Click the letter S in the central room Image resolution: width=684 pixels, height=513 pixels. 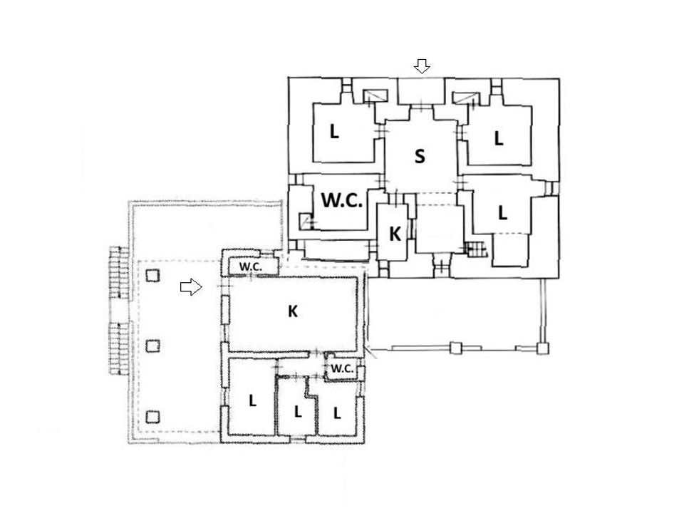click(419, 156)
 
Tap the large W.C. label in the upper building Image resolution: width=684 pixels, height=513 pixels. click(342, 201)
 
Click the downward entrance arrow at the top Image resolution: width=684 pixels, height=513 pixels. click(422, 66)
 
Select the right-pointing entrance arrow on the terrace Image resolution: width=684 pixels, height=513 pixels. click(191, 287)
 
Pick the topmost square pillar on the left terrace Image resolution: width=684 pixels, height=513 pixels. click(152, 275)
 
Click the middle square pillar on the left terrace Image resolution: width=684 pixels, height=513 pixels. click(152, 346)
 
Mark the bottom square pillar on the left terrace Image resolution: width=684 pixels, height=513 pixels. click(152, 417)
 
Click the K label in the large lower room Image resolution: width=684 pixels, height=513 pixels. click(293, 311)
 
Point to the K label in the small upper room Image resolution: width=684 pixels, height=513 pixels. click(395, 234)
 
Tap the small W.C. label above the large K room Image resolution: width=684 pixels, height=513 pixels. click(250, 266)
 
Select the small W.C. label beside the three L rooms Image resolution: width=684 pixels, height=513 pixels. click(342, 368)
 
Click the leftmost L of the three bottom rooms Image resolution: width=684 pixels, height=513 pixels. click(252, 401)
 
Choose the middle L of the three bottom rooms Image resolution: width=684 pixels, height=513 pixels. click(298, 411)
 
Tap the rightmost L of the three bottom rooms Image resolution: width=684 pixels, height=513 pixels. click(337, 413)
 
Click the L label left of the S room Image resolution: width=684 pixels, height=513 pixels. click(334, 131)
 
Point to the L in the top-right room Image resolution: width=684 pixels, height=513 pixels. click(499, 138)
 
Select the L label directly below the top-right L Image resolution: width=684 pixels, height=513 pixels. click(502, 212)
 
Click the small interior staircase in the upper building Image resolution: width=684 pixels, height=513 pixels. click(475, 249)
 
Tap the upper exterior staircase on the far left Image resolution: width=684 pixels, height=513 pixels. click(119, 273)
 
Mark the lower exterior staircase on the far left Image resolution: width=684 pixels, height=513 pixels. click(119, 348)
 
